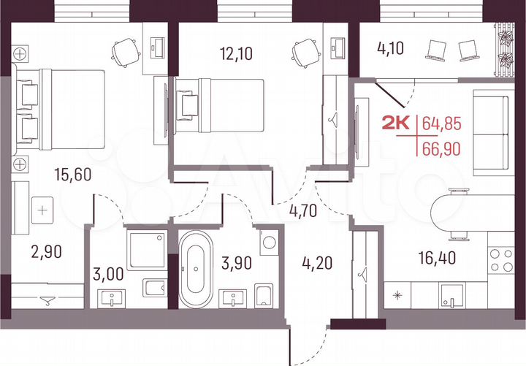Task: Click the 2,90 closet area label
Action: [46, 252]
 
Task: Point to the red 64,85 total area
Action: [442, 122]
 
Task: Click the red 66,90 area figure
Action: [442, 150]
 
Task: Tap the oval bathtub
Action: [196, 268]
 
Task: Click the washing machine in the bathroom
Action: [268, 242]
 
